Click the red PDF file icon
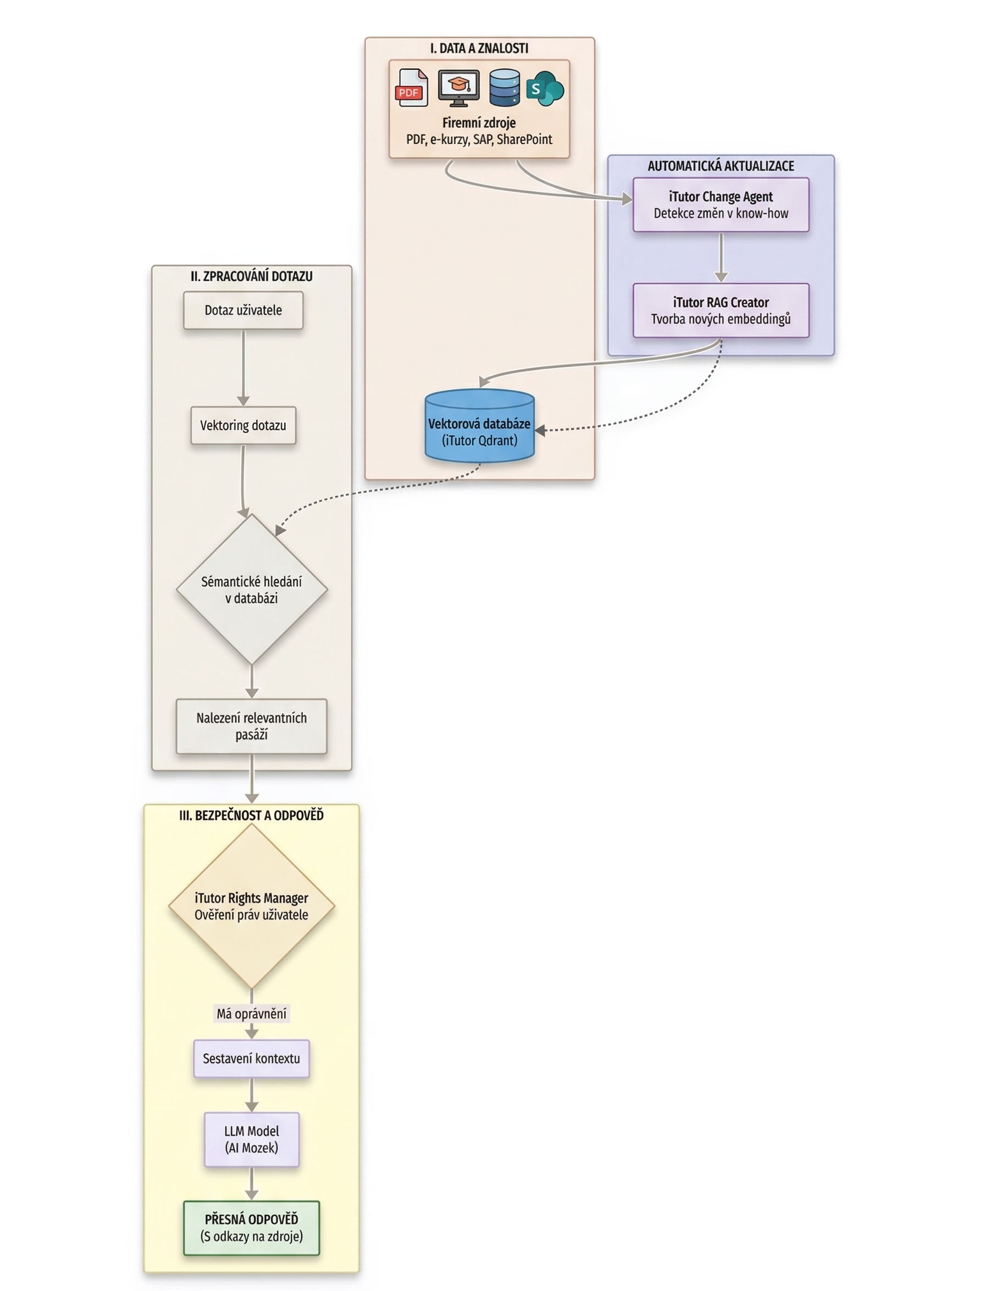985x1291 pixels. click(412, 88)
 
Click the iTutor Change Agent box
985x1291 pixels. click(721, 204)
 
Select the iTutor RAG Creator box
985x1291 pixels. click(721, 310)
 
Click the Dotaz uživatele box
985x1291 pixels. click(243, 310)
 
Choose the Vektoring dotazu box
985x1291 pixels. click(243, 425)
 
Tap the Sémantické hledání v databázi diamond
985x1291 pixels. click(252, 589)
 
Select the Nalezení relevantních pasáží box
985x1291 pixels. click(252, 726)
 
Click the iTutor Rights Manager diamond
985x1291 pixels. click(252, 906)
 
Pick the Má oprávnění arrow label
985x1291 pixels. click(252, 1013)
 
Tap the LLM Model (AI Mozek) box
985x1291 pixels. click(252, 1139)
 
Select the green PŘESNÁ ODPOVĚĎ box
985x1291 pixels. click(252, 1228)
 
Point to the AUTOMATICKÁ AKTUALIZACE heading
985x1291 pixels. click(721, 166)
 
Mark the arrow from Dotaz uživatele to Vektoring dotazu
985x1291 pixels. click(244, 367)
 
